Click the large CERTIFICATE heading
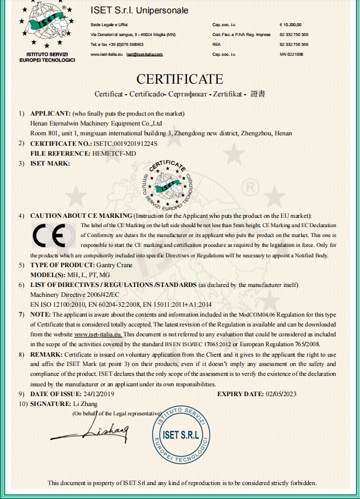[179, 79]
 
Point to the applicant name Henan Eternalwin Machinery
[95, 123]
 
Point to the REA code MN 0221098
[292, 54]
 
